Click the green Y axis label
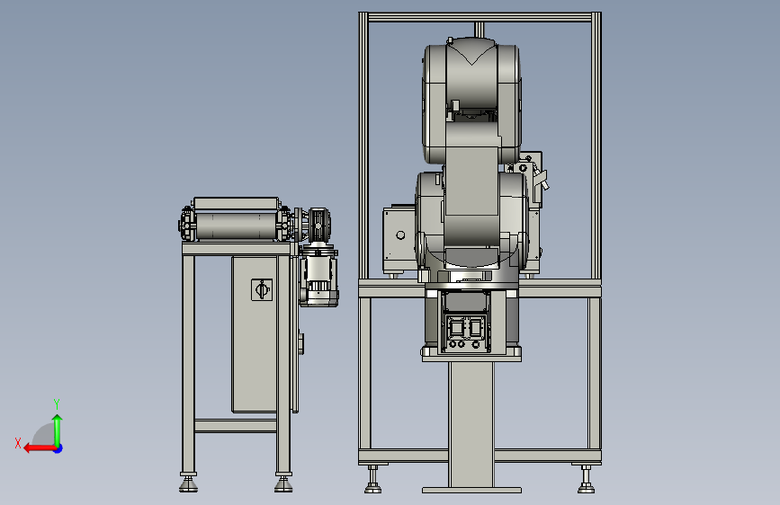[x=57, y=403]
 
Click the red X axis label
[x=18, y=443]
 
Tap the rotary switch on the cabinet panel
[x=262, y=289]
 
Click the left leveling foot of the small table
[x=188, y=484]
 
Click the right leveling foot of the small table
[x=283, y=484]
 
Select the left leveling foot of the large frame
[x=373, y=480]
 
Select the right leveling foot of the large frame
[x=586, y=480]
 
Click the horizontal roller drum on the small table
[x=236, y=226]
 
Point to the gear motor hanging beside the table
[x=318, y=275]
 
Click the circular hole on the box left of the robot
[x=400, y=235]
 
